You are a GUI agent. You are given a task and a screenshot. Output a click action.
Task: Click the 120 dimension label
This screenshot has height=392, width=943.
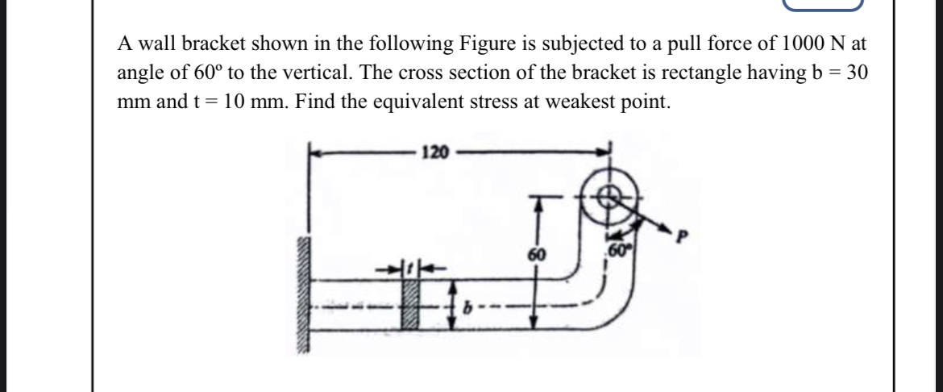434,152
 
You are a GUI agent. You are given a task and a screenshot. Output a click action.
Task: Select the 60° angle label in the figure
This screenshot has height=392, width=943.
617,245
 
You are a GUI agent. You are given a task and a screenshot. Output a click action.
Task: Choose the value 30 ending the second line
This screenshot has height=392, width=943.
856,72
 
